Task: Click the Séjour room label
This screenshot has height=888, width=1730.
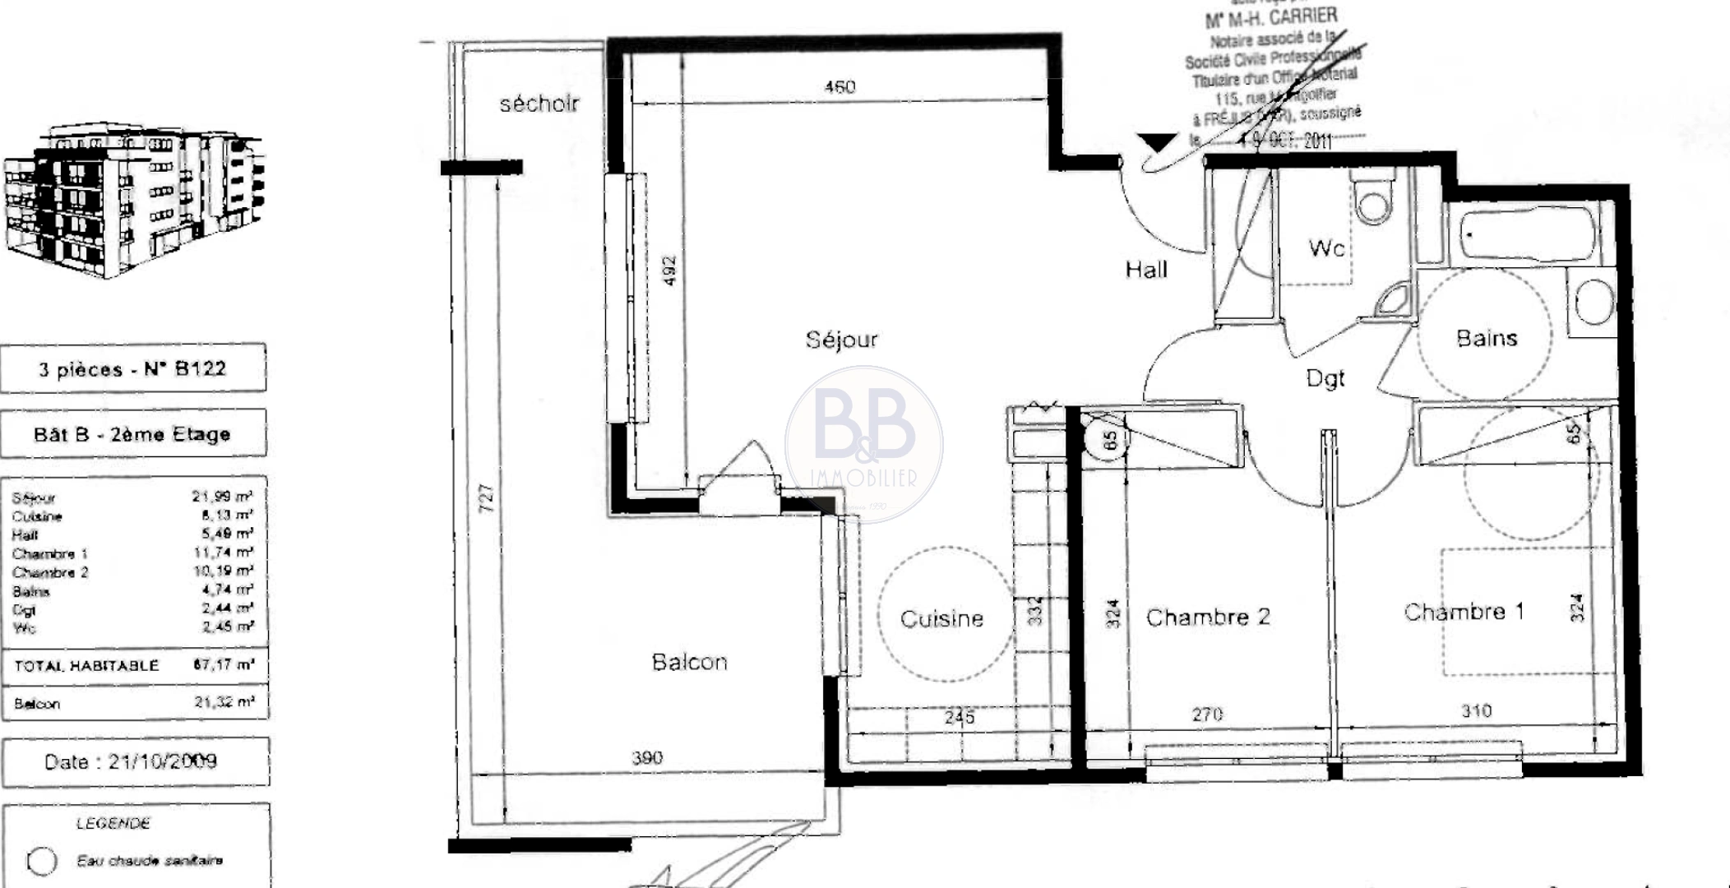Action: [x=841, y=340]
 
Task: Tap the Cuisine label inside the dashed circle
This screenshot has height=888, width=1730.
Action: [x=941, y=618]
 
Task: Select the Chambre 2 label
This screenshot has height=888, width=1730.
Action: [x=1207, y=617]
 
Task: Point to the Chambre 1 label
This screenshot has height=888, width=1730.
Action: [x=1464, y=612]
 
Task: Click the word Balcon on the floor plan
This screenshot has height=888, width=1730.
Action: [x=689, y=662]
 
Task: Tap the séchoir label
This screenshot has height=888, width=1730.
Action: [x=539, y=104]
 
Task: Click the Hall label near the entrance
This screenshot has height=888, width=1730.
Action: [x=1146, y=270]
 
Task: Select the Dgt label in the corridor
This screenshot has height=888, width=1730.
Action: [x=1325, y=379]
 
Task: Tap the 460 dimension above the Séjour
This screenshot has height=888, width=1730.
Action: [x=840, y=87]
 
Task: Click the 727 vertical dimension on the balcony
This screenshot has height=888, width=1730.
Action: [x=487, y=498]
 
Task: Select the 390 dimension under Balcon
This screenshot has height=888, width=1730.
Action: [x=647, y=757]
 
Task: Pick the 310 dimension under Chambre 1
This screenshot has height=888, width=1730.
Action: [x=1476, y=711]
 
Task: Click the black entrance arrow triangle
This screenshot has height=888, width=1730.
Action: [x=1159, y=143]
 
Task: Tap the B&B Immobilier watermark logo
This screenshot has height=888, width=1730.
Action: [x=863, y=444]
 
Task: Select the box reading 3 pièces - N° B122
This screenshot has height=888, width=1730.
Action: [x=133, y=368]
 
